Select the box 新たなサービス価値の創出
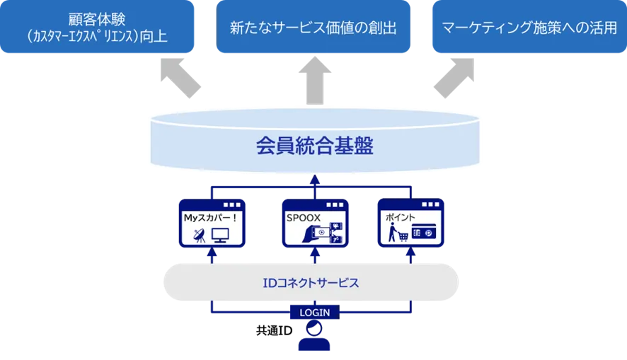click(x=313, y=28)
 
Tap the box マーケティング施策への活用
click(x=529, y=28)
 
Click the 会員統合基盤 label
click(x=313, y=147)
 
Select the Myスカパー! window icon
click(x=211, y=223)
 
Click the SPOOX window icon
click(x=315, y=223)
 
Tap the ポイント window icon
click(x=410, y=223)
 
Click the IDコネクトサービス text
click(x=313, y=283)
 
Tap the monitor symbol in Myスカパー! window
click(x=222, y=236)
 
